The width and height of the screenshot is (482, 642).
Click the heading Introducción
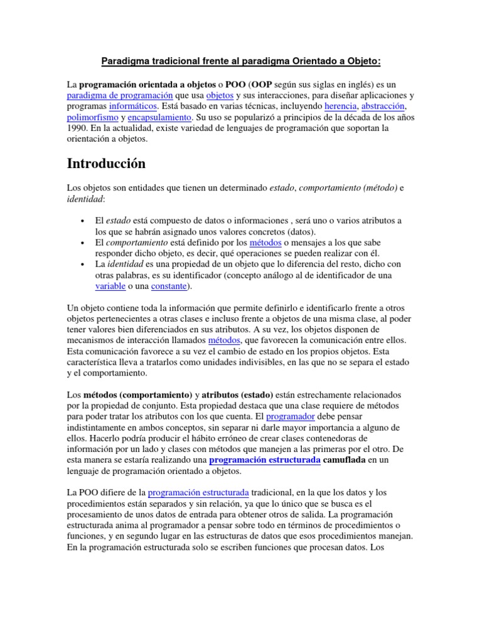105,164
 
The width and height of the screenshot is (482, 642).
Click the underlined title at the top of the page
241,61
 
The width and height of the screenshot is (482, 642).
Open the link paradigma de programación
119,95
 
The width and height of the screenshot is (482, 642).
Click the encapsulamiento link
160,118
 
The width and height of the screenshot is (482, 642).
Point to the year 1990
77,129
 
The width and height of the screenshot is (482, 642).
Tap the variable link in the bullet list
110,287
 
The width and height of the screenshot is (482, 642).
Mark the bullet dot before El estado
83,221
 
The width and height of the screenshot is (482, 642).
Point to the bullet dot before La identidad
83,264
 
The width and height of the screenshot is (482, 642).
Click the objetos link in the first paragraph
220,95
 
